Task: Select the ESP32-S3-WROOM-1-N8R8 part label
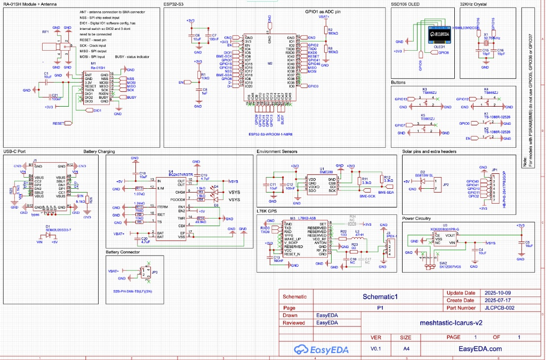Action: pyautogui.click(x=270, y=134)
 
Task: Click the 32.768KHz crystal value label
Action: pyautogui.click(x=492, y=38)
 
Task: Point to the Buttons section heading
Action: pyautogui.click(x=398, y=83)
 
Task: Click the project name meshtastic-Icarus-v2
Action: pyautogui.click(x=451, y=323)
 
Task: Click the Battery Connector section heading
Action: pyautogui.click(x=123, y=252)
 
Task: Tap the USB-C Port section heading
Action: pyautogui.click(x=14, y=151)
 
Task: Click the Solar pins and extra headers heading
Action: pyautogui.click(x=429, y=151)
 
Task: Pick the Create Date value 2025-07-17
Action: pyautogui.click(x=496, y=300)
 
